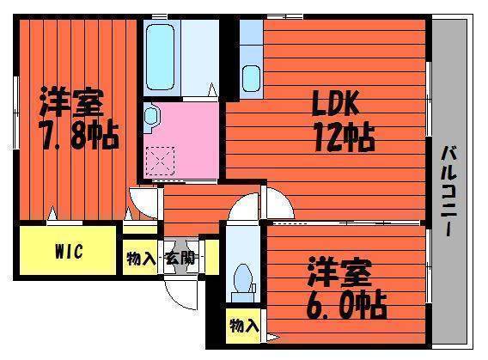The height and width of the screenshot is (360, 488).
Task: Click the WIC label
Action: pyautogui.click(x=69, y=251)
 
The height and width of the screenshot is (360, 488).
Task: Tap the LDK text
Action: pyautogui.click(x=336, y=102)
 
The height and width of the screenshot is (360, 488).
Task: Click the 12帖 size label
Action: pyautogui.click(x=344, y=137)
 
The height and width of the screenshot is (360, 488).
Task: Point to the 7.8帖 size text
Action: pyautogui.click(x=79, y=136)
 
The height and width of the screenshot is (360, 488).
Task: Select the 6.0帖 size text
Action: pyautogui.click(x=346, y=305)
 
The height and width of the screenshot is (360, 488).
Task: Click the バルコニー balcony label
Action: pyautogui.click(x=448, y=191)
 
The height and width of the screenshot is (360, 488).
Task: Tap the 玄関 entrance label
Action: pyautogui.click(x=180, y=258)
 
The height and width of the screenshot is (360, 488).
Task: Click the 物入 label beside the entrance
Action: pyautogui.click(x=140, y=258)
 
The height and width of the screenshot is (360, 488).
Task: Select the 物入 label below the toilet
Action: pyautogui.click(x=244, y=326)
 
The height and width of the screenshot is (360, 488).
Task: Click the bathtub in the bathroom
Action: pyautogui.click(x=160, y=58)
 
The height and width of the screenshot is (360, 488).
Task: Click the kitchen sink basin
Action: pyautogui.click(x=251, y=79)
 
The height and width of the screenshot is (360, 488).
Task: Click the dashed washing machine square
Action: pyautogui.click(x=161, y=161)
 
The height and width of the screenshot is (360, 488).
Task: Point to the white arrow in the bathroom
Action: pyautogui.click(x=212, y=89)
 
